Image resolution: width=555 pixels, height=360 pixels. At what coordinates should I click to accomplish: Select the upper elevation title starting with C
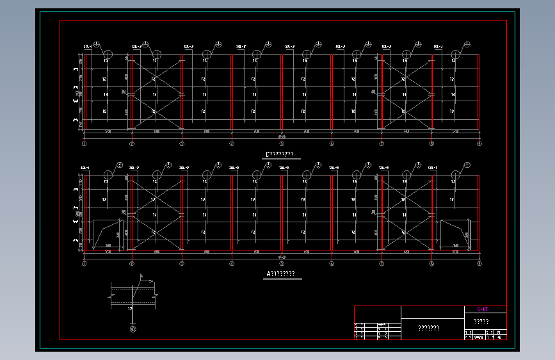click(x=280, y=154)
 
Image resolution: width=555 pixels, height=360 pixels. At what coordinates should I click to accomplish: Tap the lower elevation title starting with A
click(x=280, y=274)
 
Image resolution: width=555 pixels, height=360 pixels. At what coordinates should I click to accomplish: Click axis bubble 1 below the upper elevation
click(x=84, y=144)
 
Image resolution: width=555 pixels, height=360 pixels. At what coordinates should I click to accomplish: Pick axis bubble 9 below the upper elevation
click(x=479, y=144)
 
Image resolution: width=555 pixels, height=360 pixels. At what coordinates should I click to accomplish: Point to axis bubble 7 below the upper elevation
click(x=382, y=144)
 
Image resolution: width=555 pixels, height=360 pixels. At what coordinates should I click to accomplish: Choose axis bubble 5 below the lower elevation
click(x=282, y=263)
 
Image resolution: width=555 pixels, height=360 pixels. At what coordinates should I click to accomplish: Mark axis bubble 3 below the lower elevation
click(x=182, y=263)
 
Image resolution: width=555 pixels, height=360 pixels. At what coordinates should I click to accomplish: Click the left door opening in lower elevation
click(x=108, y=234)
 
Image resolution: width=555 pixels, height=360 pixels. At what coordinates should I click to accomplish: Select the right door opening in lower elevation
click(x=455, y=234)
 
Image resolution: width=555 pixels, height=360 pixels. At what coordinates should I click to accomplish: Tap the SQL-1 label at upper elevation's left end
click(x=88, y=47)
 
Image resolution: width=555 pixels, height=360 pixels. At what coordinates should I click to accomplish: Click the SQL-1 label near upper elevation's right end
click(x=438, y=47)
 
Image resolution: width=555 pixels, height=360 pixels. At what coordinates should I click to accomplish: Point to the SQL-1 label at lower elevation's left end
click(x=85, y=168)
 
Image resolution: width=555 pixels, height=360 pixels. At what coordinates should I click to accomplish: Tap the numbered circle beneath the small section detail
click(x=133, y=329)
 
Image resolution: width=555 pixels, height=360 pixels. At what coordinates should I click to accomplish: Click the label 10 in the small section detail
click(x=130, y=309)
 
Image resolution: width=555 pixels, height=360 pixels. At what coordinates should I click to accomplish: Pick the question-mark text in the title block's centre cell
click(x=428, y=329)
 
